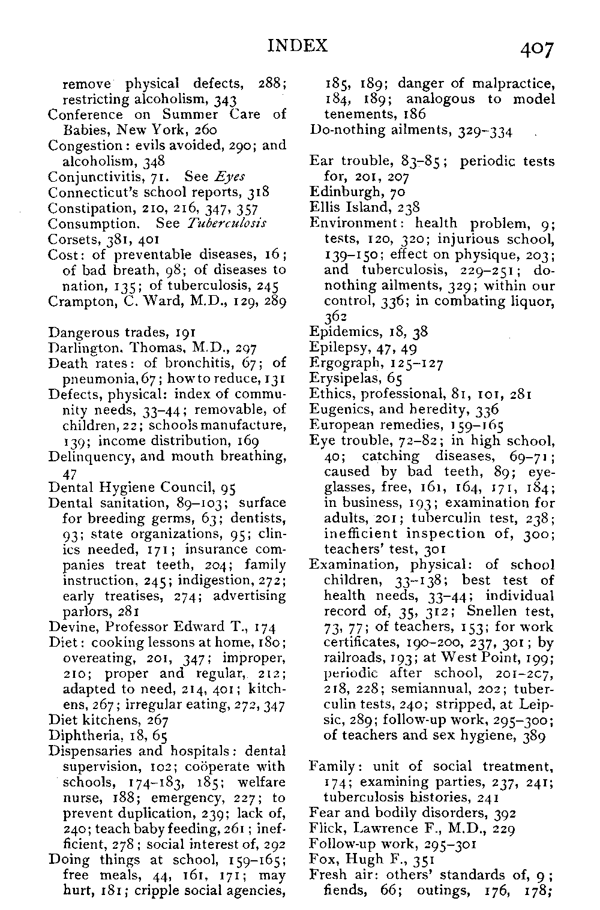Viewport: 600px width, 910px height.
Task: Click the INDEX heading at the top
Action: pos(298,46)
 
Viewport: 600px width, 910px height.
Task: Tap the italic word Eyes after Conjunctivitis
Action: pos(230,177)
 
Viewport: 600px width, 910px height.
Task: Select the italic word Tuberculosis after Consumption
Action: pos(227,224)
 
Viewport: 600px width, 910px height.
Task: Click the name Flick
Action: pos(324,828)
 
